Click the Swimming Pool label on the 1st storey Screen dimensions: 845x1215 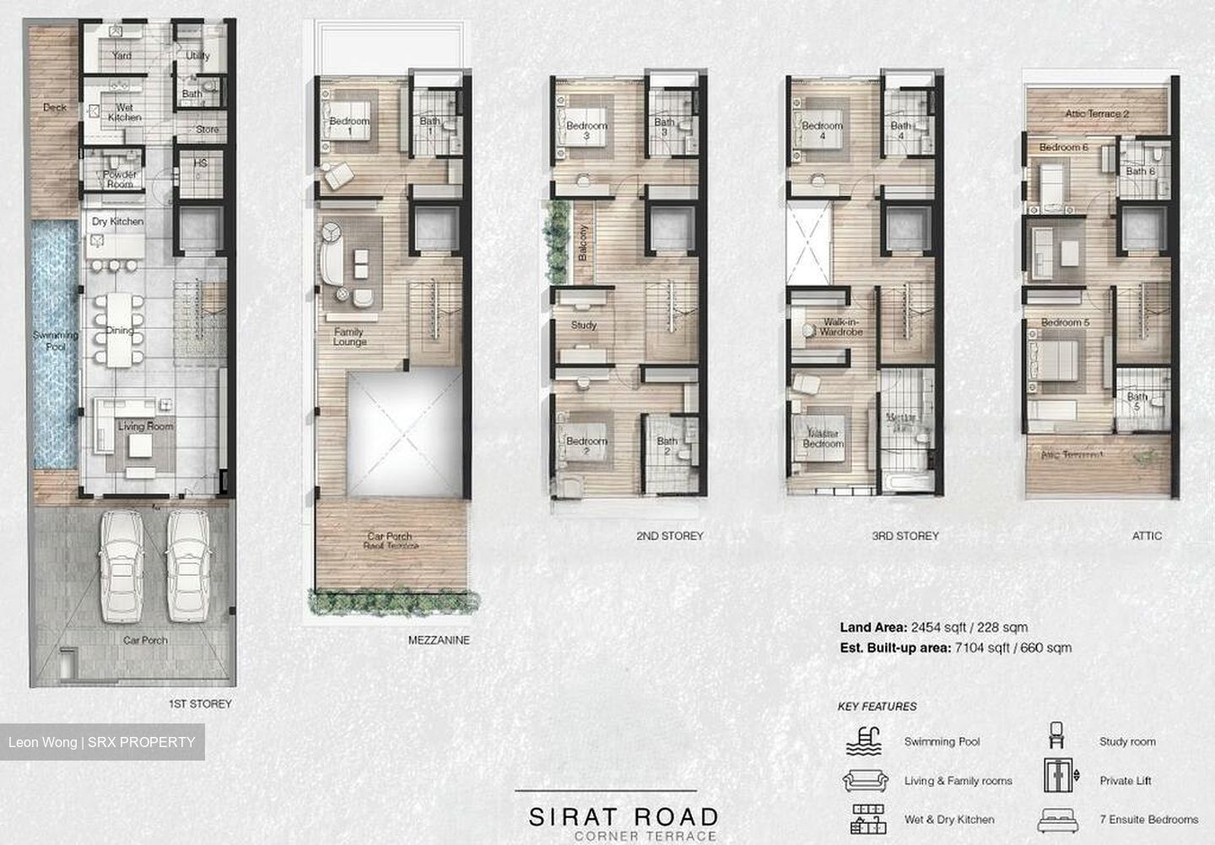56,340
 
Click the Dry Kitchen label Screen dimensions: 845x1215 118,221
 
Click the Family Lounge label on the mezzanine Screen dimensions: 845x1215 348,337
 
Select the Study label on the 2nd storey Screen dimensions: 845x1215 584,325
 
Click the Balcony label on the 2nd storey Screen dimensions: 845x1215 583,245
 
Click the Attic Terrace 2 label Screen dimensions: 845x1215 1096,114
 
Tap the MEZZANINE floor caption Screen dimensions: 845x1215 439,640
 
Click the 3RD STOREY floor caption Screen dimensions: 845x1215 905,536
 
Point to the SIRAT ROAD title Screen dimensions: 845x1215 623,816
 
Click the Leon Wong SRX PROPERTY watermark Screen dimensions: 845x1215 102,742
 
